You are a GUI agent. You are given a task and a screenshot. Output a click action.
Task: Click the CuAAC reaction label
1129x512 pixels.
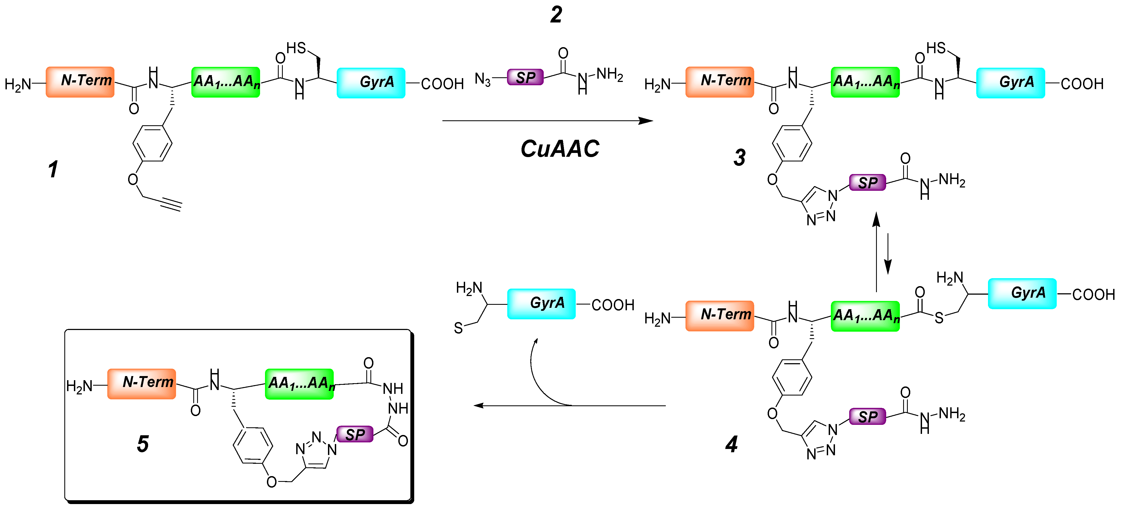[559, 149]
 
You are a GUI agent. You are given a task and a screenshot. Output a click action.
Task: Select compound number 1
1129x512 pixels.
[53, 169]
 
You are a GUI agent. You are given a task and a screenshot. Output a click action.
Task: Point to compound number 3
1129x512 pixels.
[739, 158]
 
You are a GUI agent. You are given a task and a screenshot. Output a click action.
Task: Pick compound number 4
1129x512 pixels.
[731, 444]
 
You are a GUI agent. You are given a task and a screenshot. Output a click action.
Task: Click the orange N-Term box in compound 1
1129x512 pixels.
[80, 82]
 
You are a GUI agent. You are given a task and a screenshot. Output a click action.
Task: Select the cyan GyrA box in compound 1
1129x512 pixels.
[371, 83]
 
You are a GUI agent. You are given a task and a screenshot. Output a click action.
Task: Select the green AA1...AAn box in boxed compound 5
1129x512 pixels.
[299, 383]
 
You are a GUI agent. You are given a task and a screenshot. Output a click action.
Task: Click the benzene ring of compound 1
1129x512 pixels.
[152, 143]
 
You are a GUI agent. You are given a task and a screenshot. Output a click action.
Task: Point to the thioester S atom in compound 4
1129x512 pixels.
[939, 318]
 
